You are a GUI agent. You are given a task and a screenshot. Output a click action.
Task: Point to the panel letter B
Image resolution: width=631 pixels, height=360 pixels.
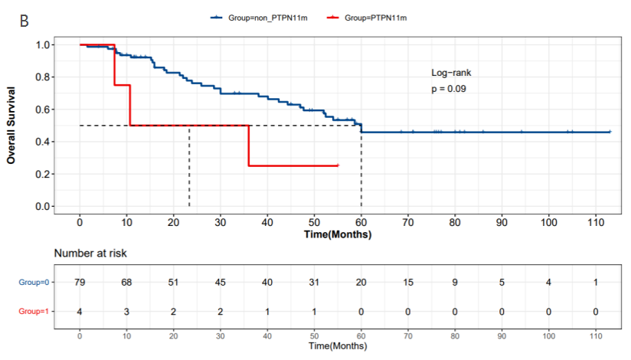click(x=25, y=21)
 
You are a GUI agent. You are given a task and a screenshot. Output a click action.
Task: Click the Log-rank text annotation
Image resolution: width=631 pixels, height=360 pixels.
click(x=451, y=73)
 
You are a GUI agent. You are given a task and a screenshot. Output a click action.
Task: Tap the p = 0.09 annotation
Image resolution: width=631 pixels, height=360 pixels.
click(x=449, y=89)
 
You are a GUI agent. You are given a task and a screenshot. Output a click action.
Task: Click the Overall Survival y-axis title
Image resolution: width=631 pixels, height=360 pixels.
click(x=11, y=125)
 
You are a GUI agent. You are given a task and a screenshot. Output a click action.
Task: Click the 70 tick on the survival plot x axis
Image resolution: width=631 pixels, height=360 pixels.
click(x=408, y=222)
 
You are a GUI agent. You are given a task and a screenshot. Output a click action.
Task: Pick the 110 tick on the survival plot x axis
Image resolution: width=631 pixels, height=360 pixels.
click(x=595, y=222)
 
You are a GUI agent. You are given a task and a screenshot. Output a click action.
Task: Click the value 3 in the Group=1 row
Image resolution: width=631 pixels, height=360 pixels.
click(x=127, y=312)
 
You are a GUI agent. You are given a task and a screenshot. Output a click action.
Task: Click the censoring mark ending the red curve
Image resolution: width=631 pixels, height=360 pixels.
click(x=337, y=165)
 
